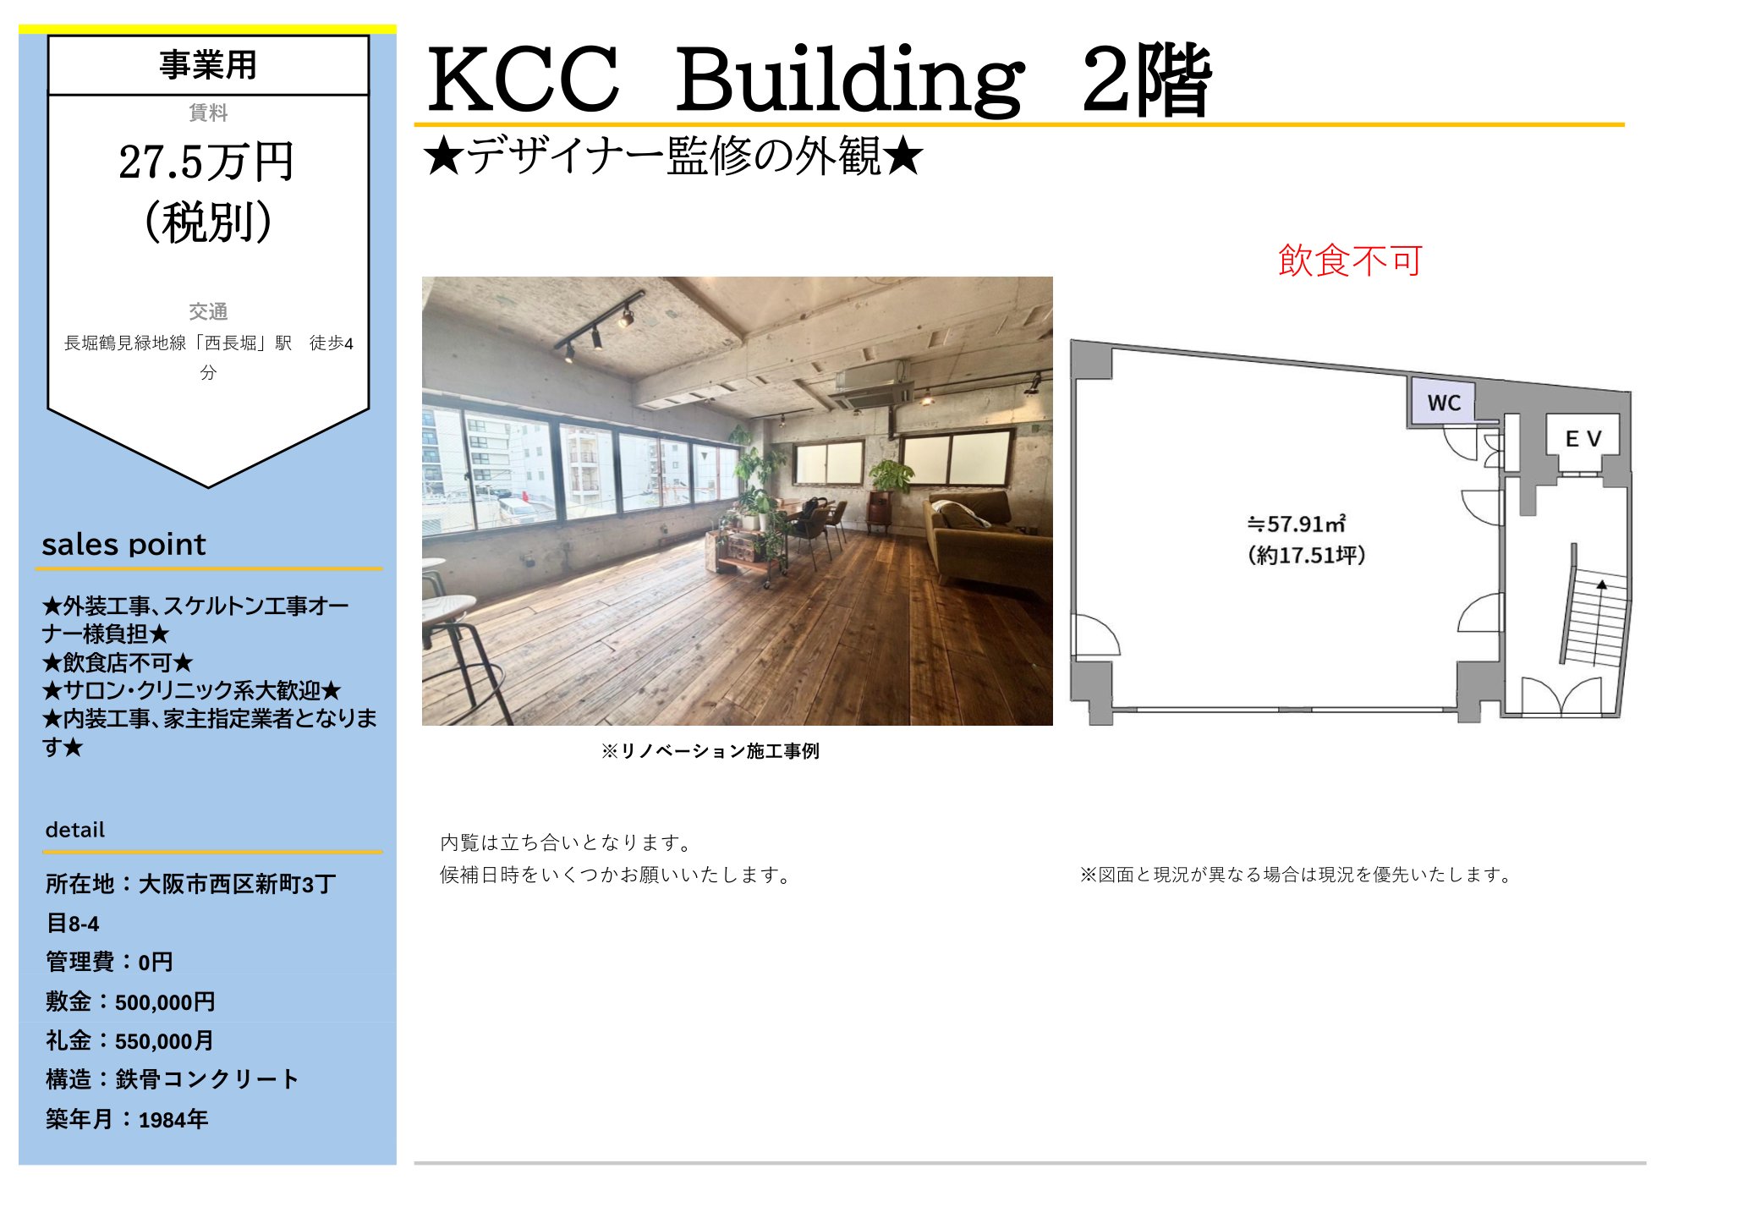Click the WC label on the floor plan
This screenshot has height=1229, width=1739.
pos(1444,403)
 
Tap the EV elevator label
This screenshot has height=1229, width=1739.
pos(1583,438)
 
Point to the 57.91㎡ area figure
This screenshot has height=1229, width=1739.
pos(1297,524)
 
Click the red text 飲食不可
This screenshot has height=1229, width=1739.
pos(1350,261)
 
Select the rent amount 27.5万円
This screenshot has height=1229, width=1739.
pos(206,162)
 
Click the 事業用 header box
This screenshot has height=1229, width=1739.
pos(208,65)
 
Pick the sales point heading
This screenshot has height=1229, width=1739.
pos(123,544)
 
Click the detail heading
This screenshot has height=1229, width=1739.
pos(75,830)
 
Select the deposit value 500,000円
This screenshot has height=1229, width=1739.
pos(165,1002)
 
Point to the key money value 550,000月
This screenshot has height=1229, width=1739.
pos(164,1041)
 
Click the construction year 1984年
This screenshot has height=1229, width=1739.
pos(173,1120)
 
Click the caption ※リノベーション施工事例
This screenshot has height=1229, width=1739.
pos(710,751)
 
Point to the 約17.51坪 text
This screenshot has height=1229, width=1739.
pos(1307,555)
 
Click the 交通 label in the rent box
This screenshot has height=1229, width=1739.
pos(208,312)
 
